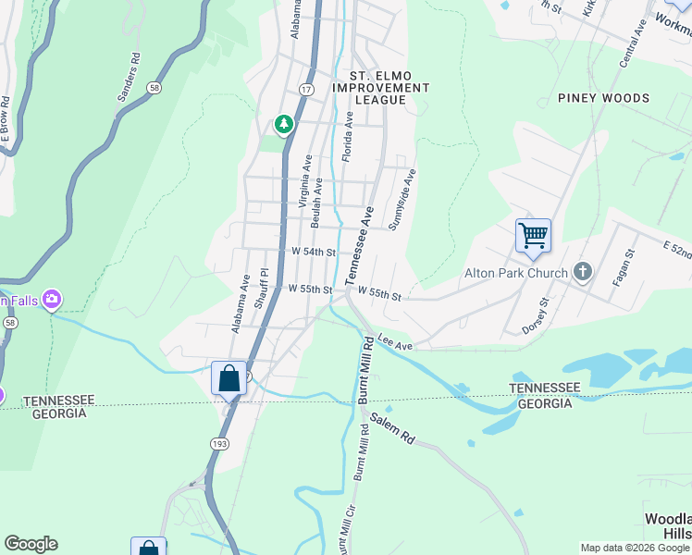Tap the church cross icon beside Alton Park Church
click(x=582, y=271)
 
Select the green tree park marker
click(x=284, y=124)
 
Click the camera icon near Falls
click(x=52, y=299)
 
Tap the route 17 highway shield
click(x=305, y=88)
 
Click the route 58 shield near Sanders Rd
click(x=154, y=87)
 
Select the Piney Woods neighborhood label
click(x=603, y=98)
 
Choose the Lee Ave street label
click(x=395, y=343)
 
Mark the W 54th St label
click(x=313, y=252)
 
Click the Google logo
click(x=31, y=544)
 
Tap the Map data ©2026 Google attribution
click(x=635, y=548)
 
